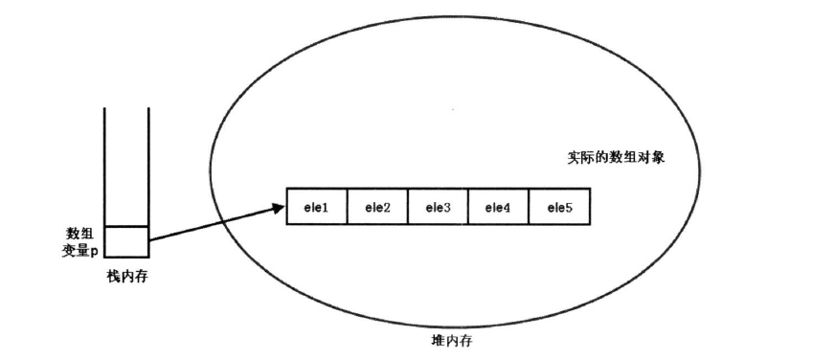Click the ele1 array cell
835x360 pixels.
click(317, 207)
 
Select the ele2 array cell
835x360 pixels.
click(377, 207)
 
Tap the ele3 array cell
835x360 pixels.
click(438, 207)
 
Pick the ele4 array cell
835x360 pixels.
click(498, 207)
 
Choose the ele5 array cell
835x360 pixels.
click(558, 207)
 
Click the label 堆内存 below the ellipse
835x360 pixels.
click(450, 340)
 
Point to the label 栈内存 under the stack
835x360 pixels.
click(127, 276)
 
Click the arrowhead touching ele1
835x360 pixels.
click(280, 204)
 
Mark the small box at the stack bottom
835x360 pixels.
click(127, 241)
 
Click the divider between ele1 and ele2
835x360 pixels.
click(348, 207)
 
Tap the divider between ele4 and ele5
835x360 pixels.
click(529, 207)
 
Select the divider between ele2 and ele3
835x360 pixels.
click(408, 207)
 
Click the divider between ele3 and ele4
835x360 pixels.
click(468, 207)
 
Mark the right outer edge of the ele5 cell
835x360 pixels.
click(588, 207)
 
